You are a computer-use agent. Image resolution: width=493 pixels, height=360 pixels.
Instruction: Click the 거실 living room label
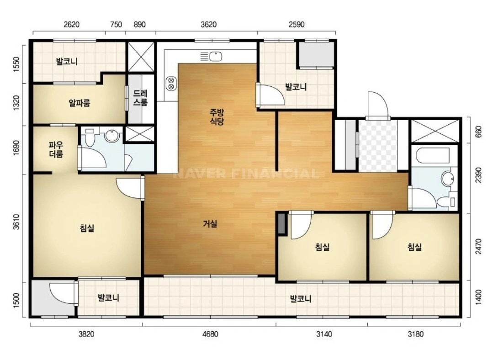pos(210,224)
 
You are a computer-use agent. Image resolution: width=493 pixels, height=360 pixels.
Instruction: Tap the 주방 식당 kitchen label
pos(217,116)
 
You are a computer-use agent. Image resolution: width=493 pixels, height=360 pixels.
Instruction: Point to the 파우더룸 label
pos(56,149)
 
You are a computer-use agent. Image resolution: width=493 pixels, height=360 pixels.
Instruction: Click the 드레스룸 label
pos(140,98)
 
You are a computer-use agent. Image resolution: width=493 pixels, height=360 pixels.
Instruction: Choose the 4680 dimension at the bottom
pos(210,334)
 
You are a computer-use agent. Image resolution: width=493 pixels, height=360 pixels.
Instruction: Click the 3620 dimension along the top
pos(209,24)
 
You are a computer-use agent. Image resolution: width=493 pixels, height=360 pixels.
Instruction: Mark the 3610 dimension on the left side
pos(16,222)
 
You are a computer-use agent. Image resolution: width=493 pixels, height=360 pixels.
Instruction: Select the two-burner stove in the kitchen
pos(171,83)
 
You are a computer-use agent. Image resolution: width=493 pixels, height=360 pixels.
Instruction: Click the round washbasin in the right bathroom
pos(448,179)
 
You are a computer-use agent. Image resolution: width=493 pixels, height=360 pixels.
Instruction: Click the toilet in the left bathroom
pos(89,137)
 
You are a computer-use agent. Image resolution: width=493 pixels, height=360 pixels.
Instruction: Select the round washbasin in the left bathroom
pos(112,136)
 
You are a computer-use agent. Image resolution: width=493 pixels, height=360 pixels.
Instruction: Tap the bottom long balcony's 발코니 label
pos(301,298)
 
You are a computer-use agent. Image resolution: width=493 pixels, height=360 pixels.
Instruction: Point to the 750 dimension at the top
pos(116,24)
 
